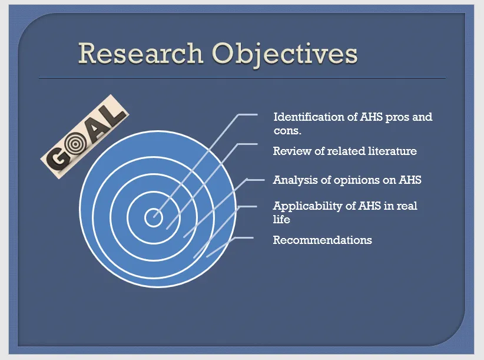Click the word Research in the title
click(141, 53)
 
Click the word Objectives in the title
click(284, 55)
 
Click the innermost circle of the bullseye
click(154, 217)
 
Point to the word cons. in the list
click(287, 131)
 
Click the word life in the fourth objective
click(281, 219)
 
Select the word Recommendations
click(322, 240)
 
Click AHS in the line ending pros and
click(371, 117)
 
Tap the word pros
click(397, 118)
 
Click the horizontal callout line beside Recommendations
click(244, 237)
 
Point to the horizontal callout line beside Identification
click(248, 114)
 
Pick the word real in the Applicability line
click(406, 206)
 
